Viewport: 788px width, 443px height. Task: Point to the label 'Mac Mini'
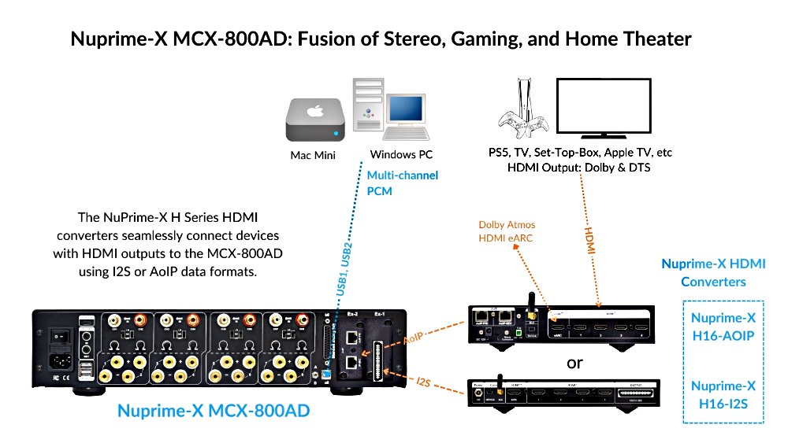[313, 155]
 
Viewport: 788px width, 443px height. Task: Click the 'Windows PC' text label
[401, 155]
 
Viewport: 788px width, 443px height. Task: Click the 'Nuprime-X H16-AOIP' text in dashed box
[723, 326]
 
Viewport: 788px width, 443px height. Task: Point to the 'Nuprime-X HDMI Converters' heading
[713, 273]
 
